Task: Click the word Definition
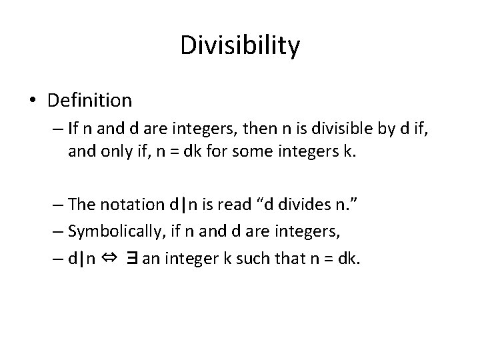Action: pos(90,101)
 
